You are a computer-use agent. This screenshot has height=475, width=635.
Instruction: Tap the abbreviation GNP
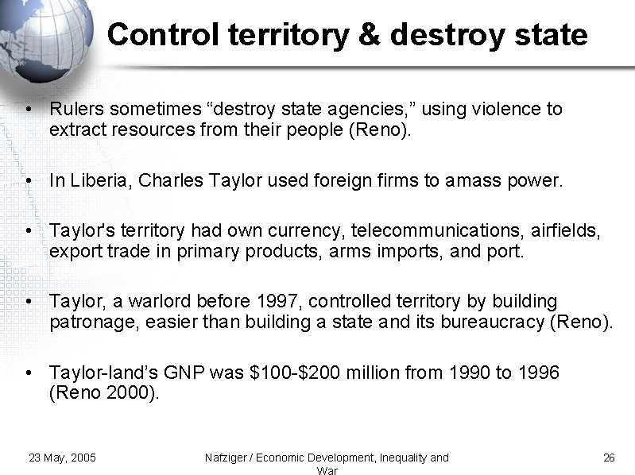[x=190, y=373]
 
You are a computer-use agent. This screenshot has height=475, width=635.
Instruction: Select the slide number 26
[x=610, y=458]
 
